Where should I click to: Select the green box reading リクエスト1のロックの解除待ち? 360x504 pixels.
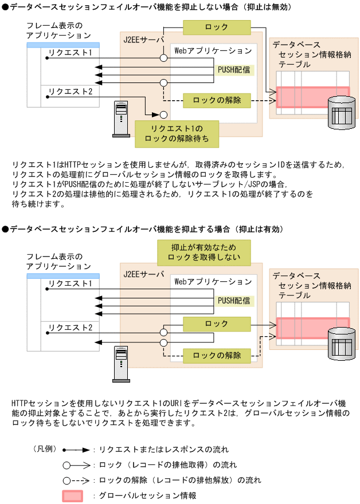point(176,132)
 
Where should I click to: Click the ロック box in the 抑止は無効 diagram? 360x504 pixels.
point(216,27)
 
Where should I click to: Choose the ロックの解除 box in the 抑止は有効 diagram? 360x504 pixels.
point(217,355)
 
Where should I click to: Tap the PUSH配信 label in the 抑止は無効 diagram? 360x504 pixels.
point(233,70)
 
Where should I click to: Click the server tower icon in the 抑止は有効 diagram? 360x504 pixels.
point(120,364)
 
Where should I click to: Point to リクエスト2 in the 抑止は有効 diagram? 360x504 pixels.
point(70,328)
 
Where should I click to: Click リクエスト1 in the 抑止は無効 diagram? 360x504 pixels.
point(70,52)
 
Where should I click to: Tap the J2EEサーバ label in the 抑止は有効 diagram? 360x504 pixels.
point(143,274)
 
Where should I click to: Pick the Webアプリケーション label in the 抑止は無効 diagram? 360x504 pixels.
point(213,51)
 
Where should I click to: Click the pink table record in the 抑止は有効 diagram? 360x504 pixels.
point(312,328)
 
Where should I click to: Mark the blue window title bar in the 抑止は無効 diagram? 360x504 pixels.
point(63,45)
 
